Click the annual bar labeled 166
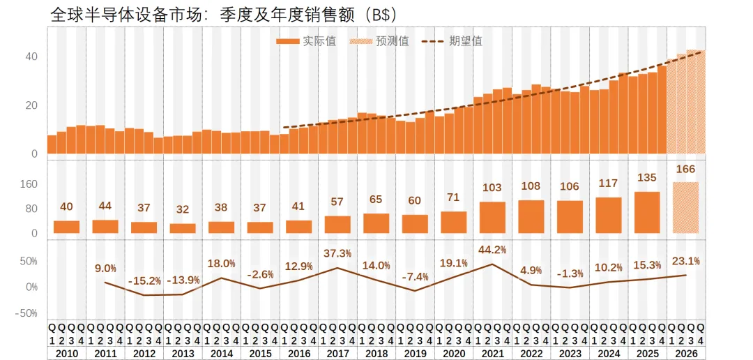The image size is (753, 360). pos(685,207)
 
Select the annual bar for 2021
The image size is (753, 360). pos(492,217)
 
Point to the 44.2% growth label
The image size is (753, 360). pos(492,250)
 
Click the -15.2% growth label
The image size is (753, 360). pos(144,280)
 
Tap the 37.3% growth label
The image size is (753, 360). pos(337,253)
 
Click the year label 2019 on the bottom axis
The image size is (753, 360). pos(415,354)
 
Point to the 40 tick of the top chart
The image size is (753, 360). pos(31,57)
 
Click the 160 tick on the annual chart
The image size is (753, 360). pos(29,184)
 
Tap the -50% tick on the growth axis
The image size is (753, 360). pos(26,313)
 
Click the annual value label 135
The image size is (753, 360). pos(646,177)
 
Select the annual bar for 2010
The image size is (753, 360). pos(66,227)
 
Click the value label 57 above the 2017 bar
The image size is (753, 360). pos(337,202)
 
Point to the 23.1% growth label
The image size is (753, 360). pos(685,261)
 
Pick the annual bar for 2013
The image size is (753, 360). pos(183,228)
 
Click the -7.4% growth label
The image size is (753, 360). pos(415,276)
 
